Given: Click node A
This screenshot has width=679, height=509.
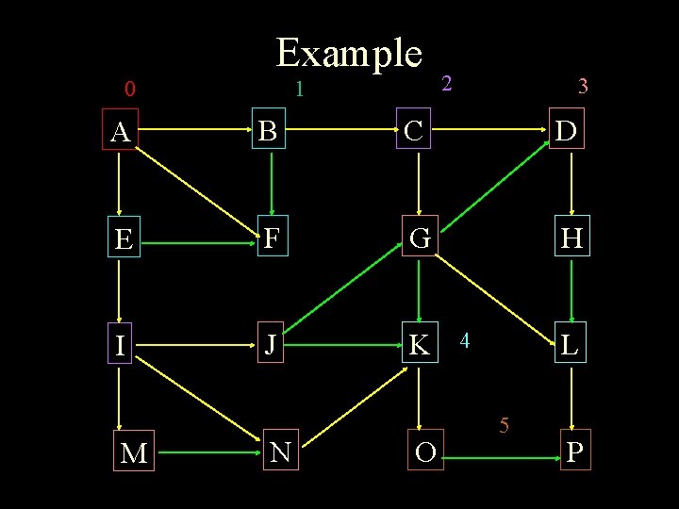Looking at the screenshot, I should coord(120,133).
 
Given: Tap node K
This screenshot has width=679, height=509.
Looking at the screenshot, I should coord(419,345).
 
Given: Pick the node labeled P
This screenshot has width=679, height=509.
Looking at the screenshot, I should coord(574,452).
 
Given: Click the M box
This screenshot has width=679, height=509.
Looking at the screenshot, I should coord(134,453).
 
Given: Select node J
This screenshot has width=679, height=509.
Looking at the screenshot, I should coord(271,345).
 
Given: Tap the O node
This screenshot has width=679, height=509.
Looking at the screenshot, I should coord(425,452).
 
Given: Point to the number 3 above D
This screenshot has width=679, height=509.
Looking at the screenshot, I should coord(583,87).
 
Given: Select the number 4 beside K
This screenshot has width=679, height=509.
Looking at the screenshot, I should coord(465,339).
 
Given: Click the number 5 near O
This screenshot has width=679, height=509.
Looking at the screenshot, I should coord(505,426).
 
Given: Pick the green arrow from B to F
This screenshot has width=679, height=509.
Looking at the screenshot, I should coord(272,185).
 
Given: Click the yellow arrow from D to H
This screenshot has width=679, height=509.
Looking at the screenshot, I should coord(573,185).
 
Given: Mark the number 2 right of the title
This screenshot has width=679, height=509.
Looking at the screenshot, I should coord(448,83).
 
